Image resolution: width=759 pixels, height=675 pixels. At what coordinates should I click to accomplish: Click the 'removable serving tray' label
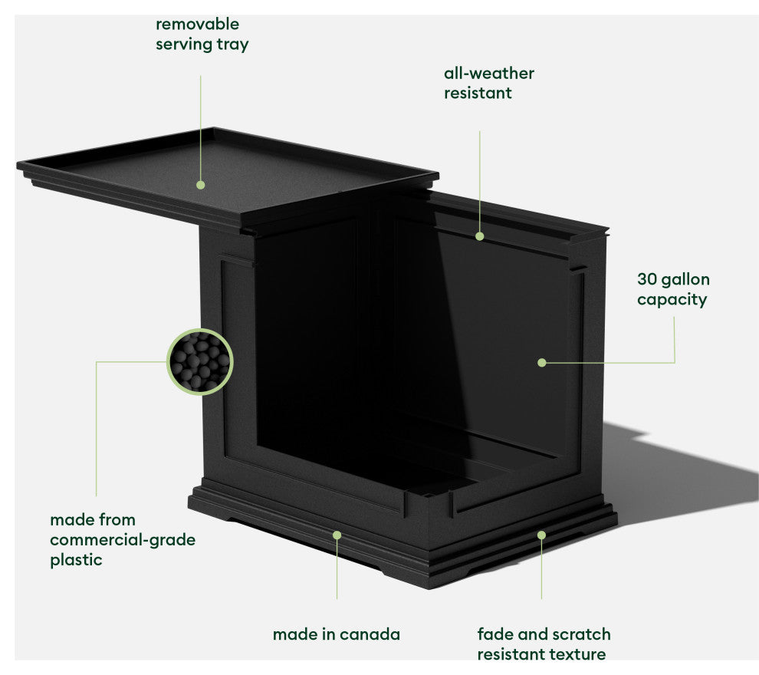pos(202,35)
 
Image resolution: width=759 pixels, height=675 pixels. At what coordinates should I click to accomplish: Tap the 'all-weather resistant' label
pos(489,83)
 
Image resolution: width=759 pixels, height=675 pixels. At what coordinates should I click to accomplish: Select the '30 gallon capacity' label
pos(673,289)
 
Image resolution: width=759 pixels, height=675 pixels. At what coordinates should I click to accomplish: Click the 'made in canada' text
pos(337,634)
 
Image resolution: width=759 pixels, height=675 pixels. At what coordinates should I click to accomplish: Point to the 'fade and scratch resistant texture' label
pos(544,644)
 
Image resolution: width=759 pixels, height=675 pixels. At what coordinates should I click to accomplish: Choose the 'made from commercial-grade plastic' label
pos(123,540)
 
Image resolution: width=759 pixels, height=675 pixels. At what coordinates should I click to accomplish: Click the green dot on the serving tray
pos(200,185)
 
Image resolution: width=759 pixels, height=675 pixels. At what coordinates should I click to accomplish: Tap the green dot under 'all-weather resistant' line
pos(479,236)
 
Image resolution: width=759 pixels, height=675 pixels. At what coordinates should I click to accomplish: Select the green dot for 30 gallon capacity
pos(542,363)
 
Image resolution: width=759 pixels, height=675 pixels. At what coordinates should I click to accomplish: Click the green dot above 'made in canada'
pos(337,535)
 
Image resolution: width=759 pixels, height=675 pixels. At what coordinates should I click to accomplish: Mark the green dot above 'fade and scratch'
pos(541,535)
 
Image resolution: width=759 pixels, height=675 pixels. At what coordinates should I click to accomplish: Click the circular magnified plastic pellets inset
pos(200,362)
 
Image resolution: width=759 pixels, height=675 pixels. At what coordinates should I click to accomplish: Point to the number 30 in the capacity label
pos(646,279)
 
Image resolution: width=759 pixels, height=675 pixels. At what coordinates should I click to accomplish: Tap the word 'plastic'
pos(76,560)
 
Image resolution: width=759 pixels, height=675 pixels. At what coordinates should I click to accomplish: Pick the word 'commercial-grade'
pos(123,540)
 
